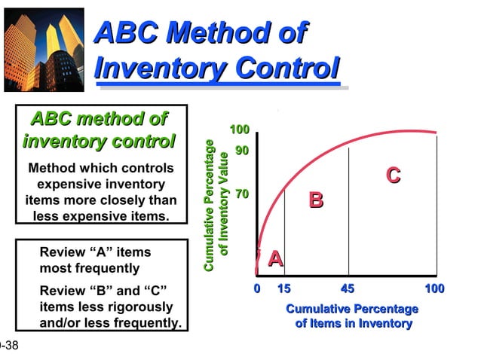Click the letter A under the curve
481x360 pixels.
coord(276,259)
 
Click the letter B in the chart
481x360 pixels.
coord(317,200)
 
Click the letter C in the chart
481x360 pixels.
coord(393,175)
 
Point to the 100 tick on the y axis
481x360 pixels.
coord(240,130)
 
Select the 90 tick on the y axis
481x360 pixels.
coord(242,151)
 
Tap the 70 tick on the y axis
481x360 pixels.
coord(242,194)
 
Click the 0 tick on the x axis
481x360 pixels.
coord(256,288)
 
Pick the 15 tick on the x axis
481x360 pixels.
coord(283,288)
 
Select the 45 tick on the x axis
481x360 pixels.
coord(348,288)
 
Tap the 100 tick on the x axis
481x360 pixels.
coord(434,288)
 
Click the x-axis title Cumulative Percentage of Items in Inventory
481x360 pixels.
coord(352,316)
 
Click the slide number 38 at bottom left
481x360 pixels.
coord(11,346)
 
